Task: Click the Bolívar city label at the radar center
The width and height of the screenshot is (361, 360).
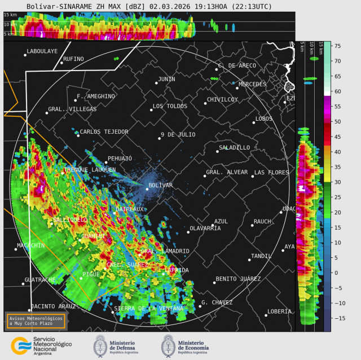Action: pos(160,185)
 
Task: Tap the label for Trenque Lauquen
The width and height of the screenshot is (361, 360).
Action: pos(90,169)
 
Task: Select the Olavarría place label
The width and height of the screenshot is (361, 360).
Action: pos(205,228)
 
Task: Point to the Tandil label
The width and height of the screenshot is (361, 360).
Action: pos(261,256)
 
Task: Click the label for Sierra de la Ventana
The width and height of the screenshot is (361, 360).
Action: pos(149,309)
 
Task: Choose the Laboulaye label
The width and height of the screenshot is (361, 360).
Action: pos(42,51)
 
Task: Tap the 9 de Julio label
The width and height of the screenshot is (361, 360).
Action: pos(178,134)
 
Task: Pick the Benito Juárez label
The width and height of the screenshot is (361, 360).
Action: pos(238,279)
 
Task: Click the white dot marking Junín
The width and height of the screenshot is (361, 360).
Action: pos(156,83)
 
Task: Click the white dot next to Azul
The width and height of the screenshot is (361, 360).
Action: pos(213,226)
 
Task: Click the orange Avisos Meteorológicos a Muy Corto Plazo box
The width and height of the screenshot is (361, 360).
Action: pos(36,321)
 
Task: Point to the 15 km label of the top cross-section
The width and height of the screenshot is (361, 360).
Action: pos(10,14)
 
